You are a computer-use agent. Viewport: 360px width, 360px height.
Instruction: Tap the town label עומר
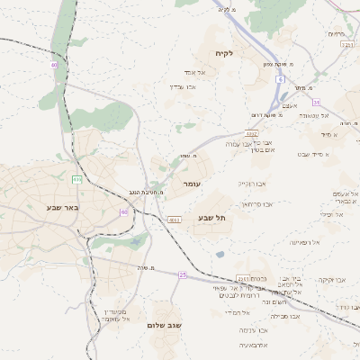pyautogui.click(x=192, y=184)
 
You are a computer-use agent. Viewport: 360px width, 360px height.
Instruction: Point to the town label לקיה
pyautogui.click(x=224, y=54)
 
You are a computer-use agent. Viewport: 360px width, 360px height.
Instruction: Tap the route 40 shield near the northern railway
pyautogui.click(x=55, y=65)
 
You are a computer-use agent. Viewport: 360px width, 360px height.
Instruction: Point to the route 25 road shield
pyautogui.click(x=182, y=274)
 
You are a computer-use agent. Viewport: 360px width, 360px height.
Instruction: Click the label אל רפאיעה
pyautogui.click(x=304, y=242)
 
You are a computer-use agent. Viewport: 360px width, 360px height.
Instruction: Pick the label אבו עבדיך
pyautogui.click(x=183, y=86)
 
